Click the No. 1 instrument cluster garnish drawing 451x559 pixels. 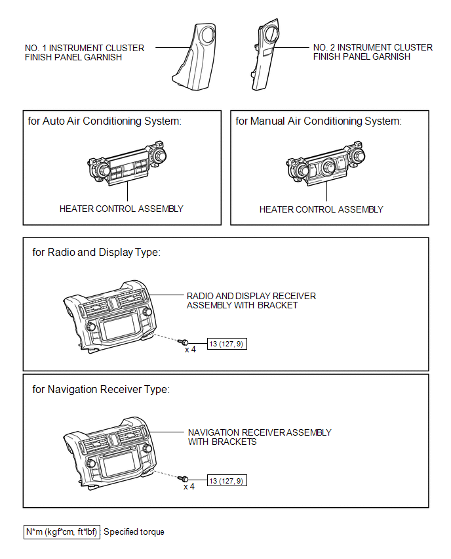196,56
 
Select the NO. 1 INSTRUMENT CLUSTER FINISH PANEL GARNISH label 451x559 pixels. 84,52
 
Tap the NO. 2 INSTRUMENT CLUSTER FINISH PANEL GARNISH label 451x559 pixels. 372,52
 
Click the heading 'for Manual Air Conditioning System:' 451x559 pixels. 318,121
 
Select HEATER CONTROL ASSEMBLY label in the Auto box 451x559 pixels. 121,209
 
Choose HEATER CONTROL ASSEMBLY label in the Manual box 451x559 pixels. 321,210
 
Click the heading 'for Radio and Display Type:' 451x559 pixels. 96,253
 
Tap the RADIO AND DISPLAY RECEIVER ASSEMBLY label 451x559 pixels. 251,300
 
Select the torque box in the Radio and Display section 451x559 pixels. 227,343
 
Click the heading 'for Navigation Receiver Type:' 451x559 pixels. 100,390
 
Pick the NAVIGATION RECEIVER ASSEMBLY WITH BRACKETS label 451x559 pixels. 259,437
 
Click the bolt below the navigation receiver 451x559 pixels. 186,480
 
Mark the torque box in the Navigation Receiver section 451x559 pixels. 227,481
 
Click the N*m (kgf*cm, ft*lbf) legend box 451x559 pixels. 62,531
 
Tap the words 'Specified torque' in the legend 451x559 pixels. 134,532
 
